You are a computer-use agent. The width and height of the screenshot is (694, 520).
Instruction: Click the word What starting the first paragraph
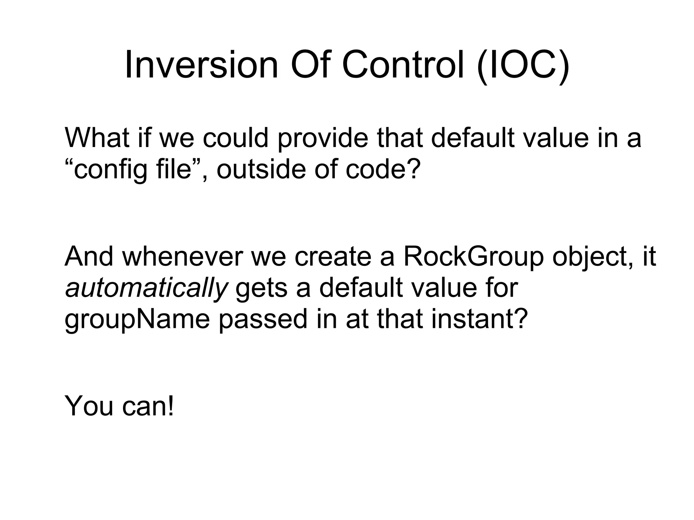pyautogui.click(x=97, y=138)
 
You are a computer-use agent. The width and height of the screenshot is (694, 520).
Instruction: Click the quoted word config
pyautogui.click(x=110, y=169)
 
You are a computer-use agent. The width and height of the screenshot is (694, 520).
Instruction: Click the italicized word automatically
pyautogui.click(x=146, y=288)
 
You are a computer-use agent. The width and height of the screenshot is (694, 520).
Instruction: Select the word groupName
pyautogui.click(x=137, y=320)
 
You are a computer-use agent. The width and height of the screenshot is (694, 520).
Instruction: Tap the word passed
pyautogui.click(x=263, y=320)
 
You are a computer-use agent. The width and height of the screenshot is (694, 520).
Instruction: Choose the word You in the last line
pyautogui.click(x=89, y=405)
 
